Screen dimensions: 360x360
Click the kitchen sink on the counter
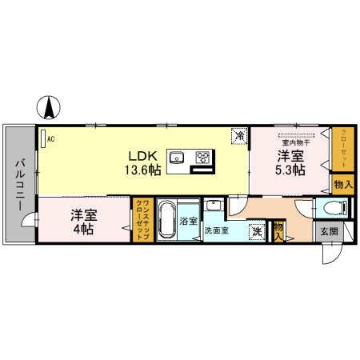coord(178,156)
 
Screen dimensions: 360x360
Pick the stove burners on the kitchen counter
coord(202,156)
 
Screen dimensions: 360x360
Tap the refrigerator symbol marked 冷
coord(239,137)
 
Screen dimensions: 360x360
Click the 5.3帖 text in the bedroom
coord(290,170)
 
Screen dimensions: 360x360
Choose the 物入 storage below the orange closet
coord(341,185)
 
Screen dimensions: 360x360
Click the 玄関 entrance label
coord(329,232)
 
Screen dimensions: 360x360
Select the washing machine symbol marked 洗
coord(257,231)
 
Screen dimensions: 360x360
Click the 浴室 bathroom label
coord(189,220)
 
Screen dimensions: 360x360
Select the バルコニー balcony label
coord(18,184)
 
